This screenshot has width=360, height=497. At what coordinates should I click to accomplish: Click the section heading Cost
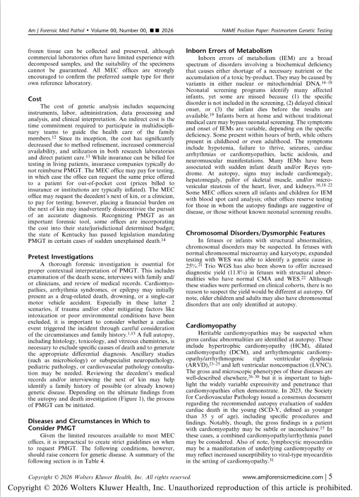click(x=35, y=99)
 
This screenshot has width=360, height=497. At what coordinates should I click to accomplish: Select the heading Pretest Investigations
click(x=60, y=257)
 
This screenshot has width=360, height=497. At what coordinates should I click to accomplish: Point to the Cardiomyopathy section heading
click(x=208, y=326)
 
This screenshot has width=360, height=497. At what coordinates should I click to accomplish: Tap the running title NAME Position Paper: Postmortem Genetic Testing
click(x=277, y=31)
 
